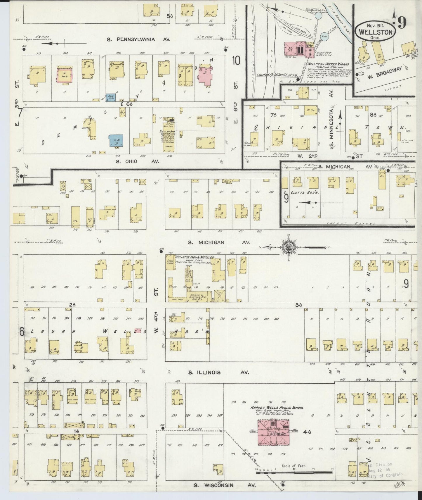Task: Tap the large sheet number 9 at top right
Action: pyautogui.click(x=402, y=23)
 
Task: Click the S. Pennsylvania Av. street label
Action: pyautogui.click(x=138, y=39)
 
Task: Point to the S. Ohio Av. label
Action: pyautogui.click(x=137, y=161)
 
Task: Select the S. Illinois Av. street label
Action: pyautogui.click(x=218, y=373)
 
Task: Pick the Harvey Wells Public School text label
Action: pyautogui.click(x=277, y=408)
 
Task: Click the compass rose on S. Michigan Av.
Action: pyautogui.click(x=288, y=247)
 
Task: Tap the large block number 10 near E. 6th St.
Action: pyautogui.click(x=236, y=61)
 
